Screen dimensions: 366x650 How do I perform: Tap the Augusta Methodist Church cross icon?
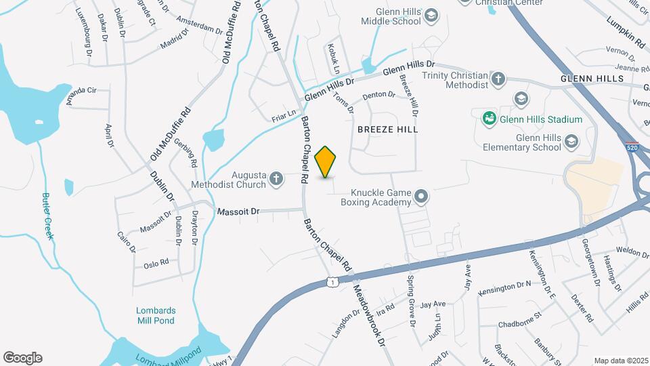point(276,179)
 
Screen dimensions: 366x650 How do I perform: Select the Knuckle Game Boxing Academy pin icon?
point(422,197)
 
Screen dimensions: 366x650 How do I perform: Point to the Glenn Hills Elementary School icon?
point(571,142)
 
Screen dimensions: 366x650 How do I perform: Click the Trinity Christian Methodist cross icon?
point(498,79)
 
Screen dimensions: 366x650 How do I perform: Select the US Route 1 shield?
point(331,281)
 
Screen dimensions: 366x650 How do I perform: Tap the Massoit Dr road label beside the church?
point(238,212)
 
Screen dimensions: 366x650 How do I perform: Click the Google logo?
point(22,357)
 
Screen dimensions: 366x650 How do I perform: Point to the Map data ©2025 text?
point(620,361)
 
